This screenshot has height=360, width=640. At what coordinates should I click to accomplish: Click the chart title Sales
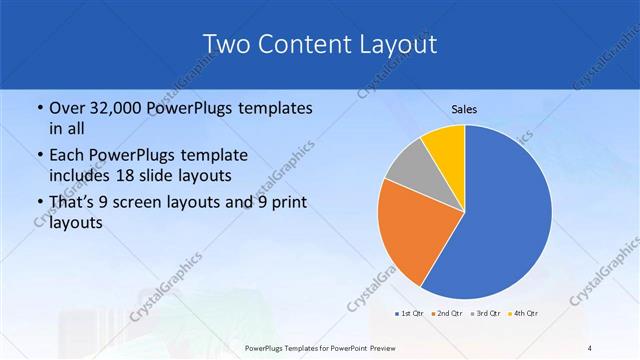[x=465, y=108]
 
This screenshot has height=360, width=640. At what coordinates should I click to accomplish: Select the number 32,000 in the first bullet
[x=111, y=108]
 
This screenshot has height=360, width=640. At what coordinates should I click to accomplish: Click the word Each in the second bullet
[x=67, y=156]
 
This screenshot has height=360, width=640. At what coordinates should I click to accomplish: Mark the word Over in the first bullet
[x=67, y=108]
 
